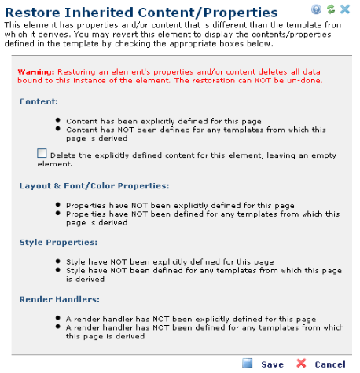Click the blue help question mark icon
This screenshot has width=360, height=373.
click(x=316, y=9)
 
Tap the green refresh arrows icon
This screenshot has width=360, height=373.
click(x=331, y=9)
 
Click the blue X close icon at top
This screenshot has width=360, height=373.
click(x=345, y=9)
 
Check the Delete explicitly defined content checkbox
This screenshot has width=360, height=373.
click(x=42, y=153)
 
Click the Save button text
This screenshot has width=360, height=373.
click(x=272, y=364)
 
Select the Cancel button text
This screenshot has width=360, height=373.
click(x=330, y=364)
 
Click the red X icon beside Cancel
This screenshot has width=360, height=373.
click(x=301, y=364)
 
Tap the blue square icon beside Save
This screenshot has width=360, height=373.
click(x=247, y=364)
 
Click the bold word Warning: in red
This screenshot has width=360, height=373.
click(x=36, y=71)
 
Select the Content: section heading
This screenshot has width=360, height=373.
click(x=39, y=101)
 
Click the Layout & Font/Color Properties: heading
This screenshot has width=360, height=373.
click(x=94, y=186)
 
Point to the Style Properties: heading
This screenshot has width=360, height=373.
click(x=58, y=242)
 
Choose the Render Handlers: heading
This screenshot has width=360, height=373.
click(x=60, y=299)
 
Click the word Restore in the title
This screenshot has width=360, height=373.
click(x=32, y=13)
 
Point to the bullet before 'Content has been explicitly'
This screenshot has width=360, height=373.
click(x=58, y=120)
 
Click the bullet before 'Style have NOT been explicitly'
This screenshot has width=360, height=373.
click(x=58, y=261)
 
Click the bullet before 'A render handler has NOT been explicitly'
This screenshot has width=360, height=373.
click(x=58, y=318)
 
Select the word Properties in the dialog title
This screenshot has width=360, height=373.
click(x=241, y=13)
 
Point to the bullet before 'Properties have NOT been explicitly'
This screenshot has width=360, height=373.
click(x=58, y=204)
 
